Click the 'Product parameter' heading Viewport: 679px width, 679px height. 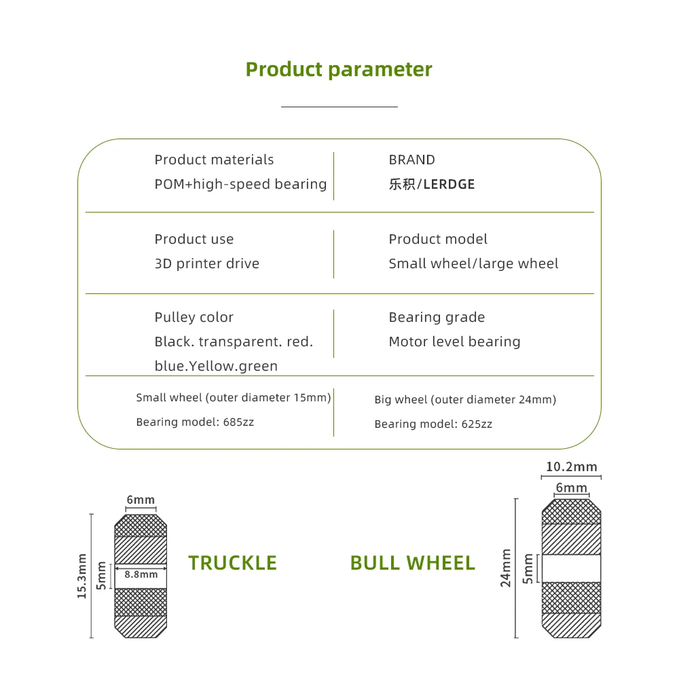coord(339,70)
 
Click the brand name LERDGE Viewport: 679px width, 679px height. coord(449,185)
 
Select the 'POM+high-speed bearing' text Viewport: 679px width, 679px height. coord(241,185)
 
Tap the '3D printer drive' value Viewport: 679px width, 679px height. coord(207,263)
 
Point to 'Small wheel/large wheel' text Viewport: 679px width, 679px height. coord(474,263)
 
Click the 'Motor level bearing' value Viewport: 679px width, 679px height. coord(455,342)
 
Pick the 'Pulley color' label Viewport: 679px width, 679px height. coord(194,317)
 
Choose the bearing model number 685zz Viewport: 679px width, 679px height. coord(238,422)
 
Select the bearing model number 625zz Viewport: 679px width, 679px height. coord(477,424)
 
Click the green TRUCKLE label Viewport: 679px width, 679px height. coord(232,563)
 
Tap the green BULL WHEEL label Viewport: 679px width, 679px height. coord(413,563)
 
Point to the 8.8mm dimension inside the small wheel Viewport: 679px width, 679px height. coord(141,574)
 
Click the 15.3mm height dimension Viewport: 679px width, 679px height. coord(82,576)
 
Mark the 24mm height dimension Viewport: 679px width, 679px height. coord(505,568)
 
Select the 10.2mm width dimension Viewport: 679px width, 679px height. coord(572,467)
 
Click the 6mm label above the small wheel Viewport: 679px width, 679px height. coord(141,500)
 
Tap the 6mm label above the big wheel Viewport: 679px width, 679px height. coord(572,488)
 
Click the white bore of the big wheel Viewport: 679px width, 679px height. coord(572,568)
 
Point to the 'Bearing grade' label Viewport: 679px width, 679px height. coord(437,317)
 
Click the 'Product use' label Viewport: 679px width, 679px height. coord(194,239)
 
